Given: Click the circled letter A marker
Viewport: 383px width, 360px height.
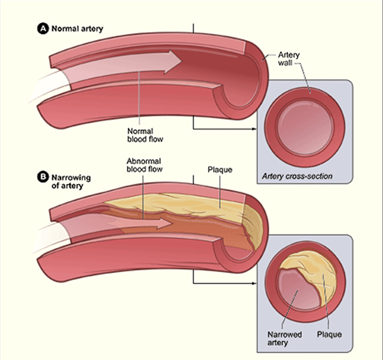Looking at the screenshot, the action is [x=43, y=29].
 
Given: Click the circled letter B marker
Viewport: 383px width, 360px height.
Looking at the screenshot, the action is [x=43, y=177].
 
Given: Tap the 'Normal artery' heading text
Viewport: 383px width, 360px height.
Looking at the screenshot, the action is [x=77, y=29].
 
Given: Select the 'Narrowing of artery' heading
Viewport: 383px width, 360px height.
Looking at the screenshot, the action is [x=71, y=181].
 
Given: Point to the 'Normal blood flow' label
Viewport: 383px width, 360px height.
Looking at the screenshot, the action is [x=145, y=135].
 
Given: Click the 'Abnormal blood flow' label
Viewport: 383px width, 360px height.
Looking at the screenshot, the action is [x=144, y=165].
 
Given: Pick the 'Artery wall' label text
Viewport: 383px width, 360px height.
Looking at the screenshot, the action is [x=289, y=59].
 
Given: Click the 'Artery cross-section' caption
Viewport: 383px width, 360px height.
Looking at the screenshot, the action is [x=297, y=176].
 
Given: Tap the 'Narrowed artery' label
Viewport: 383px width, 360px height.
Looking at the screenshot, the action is [x=285, y=338].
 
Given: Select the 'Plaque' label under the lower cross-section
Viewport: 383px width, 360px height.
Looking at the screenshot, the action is [x=329, y=334].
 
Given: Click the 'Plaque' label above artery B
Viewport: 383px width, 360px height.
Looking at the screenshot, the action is [x=220, y=170].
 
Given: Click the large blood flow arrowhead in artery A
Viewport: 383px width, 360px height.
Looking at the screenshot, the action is [x=173, y=62].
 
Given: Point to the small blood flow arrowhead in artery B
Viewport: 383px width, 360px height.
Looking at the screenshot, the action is [x=165, y=223].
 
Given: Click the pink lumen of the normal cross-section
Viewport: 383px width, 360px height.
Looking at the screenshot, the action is [x=305, y=127].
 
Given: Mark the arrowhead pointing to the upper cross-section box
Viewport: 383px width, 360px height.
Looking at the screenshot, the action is [x=255, y=129].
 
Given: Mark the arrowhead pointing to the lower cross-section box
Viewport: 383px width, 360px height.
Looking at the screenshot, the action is [x=255, y=284].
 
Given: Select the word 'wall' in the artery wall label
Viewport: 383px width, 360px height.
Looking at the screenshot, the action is [x=285, y=63].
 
